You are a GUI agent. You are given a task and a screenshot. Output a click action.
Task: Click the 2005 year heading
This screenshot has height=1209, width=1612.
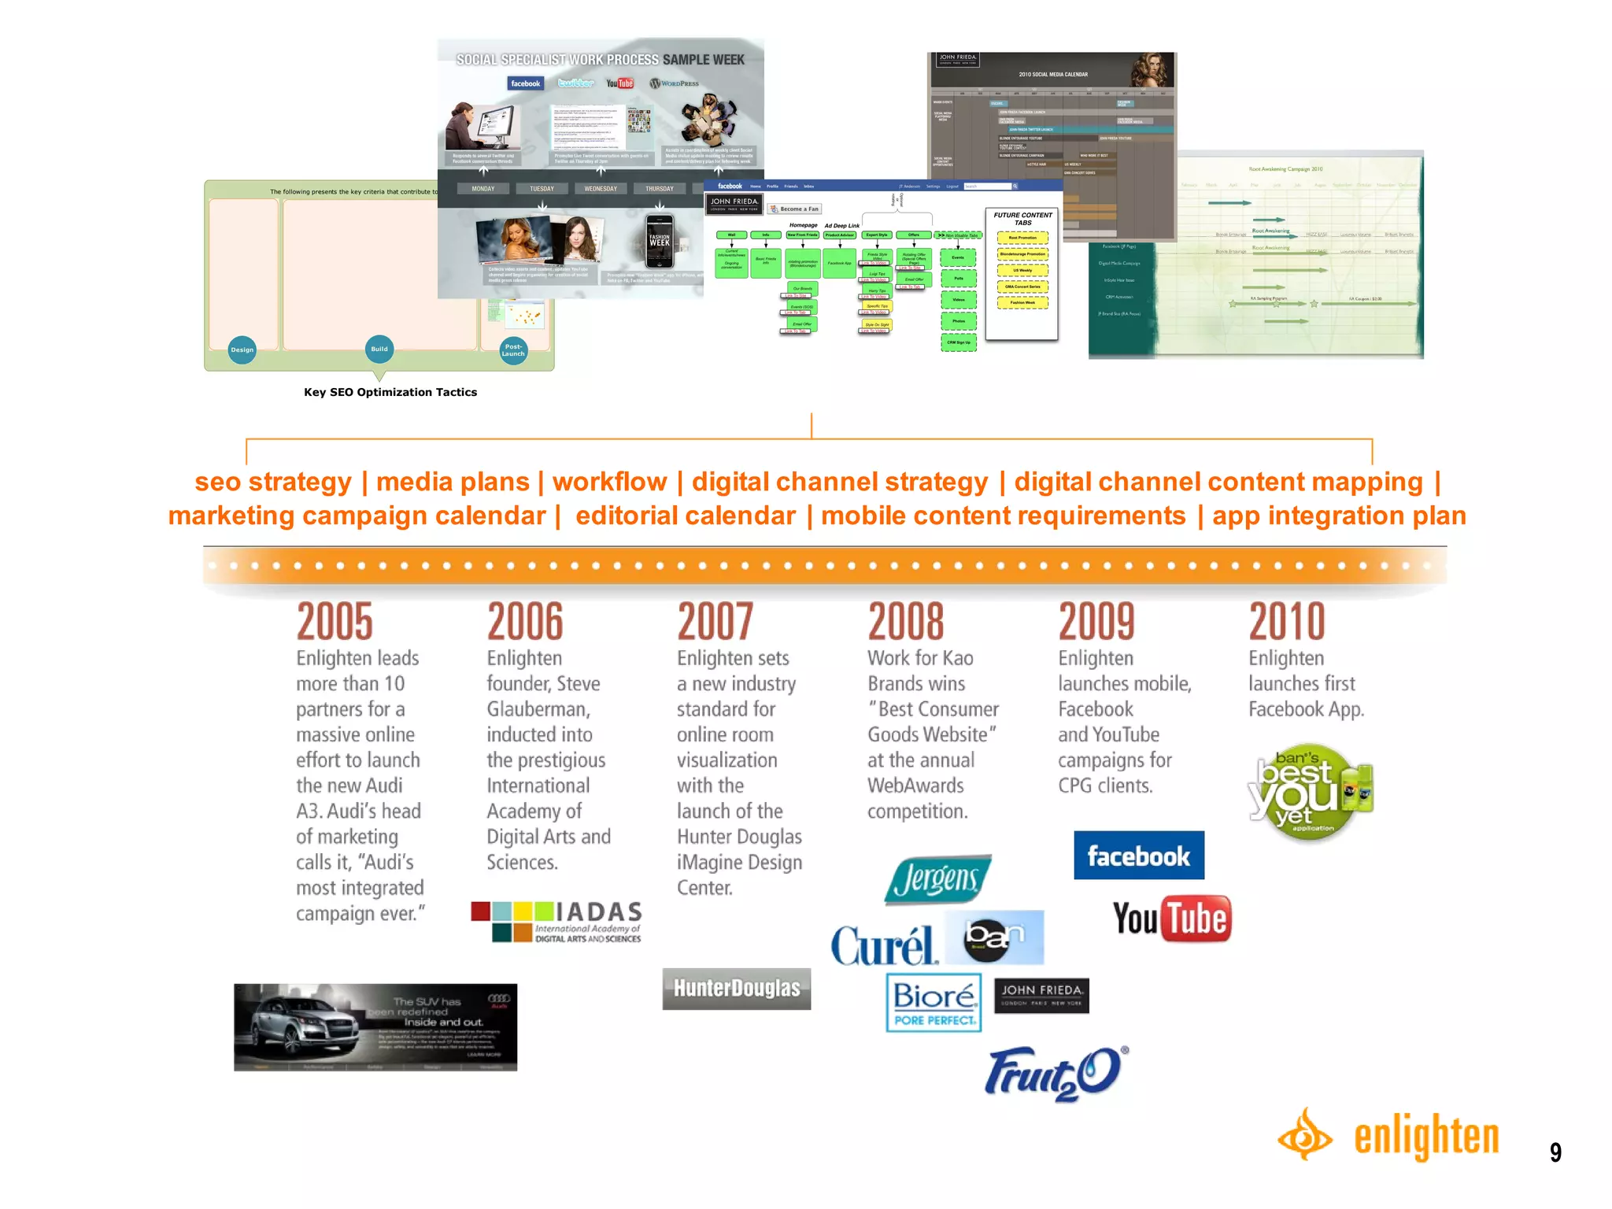pyautogui.click(x=335, y=621)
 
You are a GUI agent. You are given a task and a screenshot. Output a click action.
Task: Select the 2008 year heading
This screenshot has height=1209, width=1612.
pyautogui.click(x=906, y=621)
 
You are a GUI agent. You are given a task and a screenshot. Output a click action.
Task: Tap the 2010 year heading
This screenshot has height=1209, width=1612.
pyautogui.click(x=1287, y=621)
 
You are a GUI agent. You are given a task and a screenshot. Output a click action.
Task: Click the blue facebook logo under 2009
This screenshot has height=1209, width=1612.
pyautogui.click(x=1138, y=856)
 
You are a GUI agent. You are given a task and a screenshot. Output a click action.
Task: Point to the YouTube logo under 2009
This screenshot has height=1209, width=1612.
pyautogui.click(x=1171, y=919)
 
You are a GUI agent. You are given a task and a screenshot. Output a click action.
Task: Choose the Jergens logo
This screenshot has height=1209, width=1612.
pyautogui.click(x=937, y=879)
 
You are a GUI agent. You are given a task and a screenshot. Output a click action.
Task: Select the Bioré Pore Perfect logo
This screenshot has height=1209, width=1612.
pyautogui.click(x=934, y=1002)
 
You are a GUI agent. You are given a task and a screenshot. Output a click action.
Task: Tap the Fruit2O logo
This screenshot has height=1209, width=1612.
pyautogui.click(x=1055, y=1073)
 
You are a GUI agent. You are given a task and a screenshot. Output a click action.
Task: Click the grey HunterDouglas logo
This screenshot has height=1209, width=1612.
pyautogui.click(x=736, y=989)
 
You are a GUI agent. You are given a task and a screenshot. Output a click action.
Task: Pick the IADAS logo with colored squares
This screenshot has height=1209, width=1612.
pyautogui.click(x=556, y=922)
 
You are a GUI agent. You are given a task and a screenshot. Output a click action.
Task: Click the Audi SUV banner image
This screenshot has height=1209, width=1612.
pyautogui.click(x=375, y=1027)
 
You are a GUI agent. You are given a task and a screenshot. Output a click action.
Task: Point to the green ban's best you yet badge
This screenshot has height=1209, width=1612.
pyautogui.click(x=1309, y=792)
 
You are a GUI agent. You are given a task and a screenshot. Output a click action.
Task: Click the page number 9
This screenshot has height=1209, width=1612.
pyautogui.click(x=1555, y=1152)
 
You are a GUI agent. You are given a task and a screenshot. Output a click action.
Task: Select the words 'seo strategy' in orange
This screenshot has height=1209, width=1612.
pyautogui.click(x=273, y=482)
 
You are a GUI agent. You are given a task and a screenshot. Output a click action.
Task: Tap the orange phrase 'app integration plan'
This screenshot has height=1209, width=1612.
pyautogui.click(x=1339, y=516)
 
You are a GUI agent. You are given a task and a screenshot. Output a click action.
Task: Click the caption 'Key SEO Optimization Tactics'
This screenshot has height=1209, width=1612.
pyautogui.click(x=390, y=392)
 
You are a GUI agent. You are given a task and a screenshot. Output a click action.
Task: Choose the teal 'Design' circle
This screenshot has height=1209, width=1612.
pyautogui.click(x=242, y=349)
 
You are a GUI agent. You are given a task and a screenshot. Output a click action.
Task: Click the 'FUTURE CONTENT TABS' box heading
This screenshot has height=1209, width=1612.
pyautogui.click(x=1022, y=219)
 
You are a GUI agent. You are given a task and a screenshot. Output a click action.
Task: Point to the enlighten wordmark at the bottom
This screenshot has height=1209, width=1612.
pyautogui.click(x=1425, y=1137)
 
